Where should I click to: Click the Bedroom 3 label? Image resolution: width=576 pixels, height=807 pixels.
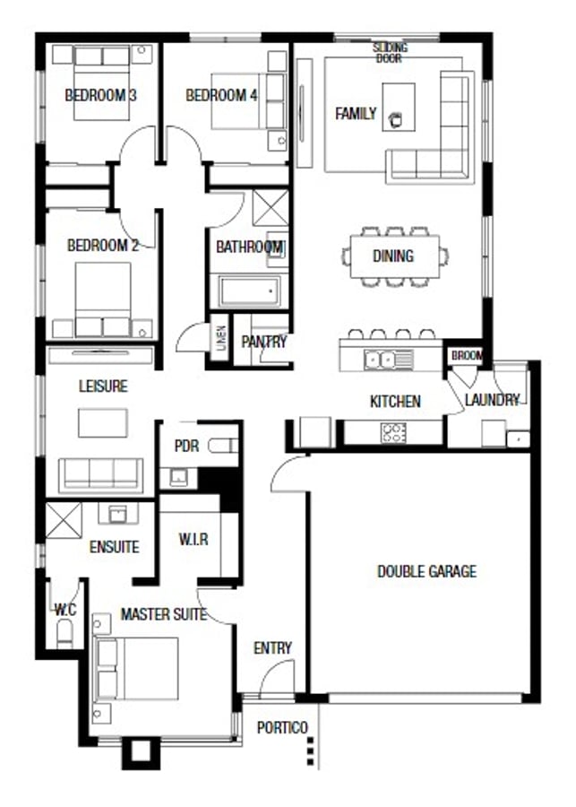(x=101, y=95)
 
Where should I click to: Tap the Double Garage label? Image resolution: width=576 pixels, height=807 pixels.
(x=427, y=571)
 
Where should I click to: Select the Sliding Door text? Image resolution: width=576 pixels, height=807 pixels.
(x=390, y=53)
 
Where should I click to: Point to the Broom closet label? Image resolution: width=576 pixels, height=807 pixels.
(x=467, y=355)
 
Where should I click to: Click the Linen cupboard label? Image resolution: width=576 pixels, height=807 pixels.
(x=221, y=338)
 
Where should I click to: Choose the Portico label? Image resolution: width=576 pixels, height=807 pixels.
(x=282, y=728)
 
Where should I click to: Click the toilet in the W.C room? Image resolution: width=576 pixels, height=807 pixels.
(x=64, y=634)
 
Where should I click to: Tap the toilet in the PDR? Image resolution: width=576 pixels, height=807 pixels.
(x=223, y=445)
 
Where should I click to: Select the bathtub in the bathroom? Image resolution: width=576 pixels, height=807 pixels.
(x=250, y=291)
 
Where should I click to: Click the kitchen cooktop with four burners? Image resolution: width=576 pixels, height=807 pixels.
(x=393, y=432)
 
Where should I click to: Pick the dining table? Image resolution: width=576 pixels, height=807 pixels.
(x=395, y=256)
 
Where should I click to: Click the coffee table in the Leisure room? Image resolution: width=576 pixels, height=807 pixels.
(x=103, y=423)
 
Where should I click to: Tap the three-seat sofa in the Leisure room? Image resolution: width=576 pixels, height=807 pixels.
(x=101, y=474)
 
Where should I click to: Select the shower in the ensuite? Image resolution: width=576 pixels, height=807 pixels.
(x=64, y=521)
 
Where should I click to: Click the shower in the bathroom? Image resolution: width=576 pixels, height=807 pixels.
(x=271, y=207)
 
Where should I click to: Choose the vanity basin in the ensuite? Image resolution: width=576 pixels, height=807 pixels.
(x=117, y=514)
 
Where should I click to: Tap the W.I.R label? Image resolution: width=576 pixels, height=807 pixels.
(x=193, y=540)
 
